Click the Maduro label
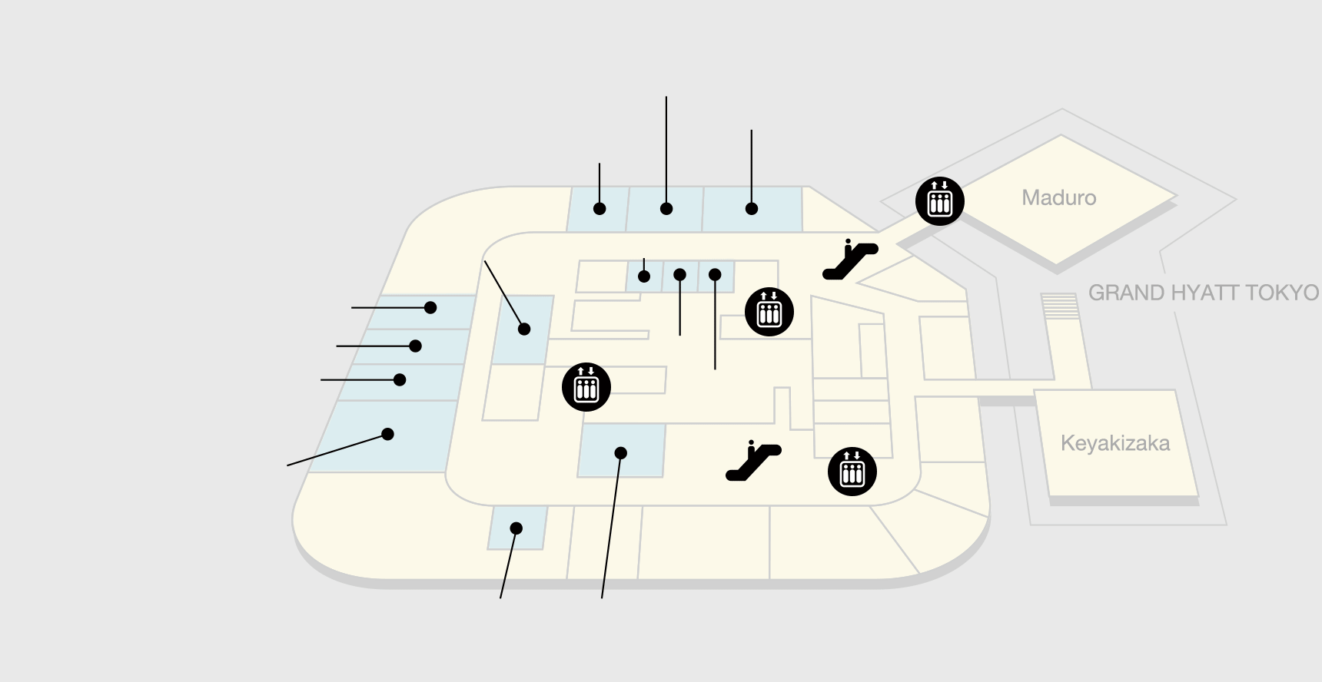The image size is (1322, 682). click(x=1058, y=198)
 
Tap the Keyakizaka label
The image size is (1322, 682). click(x=1115, y=443)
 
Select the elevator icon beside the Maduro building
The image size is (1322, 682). click(x=940, y=201)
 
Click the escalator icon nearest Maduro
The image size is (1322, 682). click(x=850, y=260)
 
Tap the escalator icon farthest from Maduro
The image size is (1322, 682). click(x=753, y=461)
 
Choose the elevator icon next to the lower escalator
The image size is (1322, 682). click(x=852, y=472)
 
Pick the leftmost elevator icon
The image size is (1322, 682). click(x=586, y=387)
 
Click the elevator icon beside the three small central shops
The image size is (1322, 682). click(x=769, y=312)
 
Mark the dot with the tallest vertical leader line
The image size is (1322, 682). click(x=666, y=209)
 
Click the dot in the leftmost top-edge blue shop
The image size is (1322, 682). click(x=600, y=209)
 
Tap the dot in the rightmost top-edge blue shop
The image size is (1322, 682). click(x=752, y=209)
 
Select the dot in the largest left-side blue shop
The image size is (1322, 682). click(x=388, y=434)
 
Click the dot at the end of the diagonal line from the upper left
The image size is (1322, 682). click(x=524, y=329)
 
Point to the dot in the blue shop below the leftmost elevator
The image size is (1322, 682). click(x=621, y=453)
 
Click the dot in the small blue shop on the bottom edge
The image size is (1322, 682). click(x=517, y=528)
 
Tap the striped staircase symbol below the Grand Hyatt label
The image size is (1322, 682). click(x=1060, y=306)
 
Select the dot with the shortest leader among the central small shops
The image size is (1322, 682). click(x=644, y=276)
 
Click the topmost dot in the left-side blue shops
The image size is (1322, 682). click(x=430, y=308)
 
